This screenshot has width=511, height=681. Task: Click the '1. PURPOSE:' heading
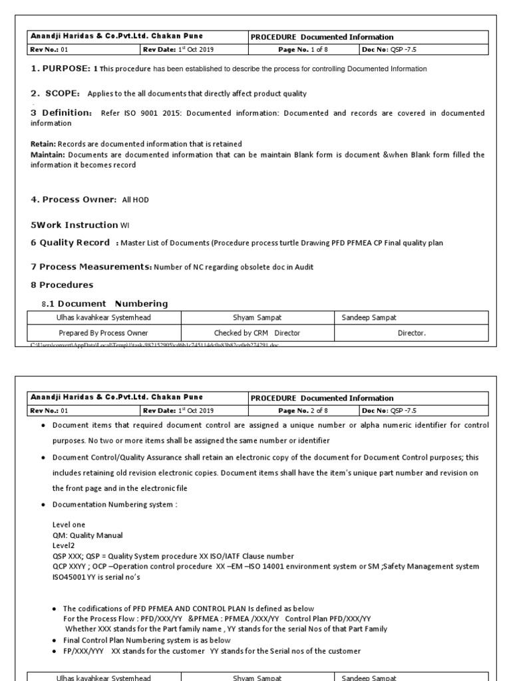point(61,68)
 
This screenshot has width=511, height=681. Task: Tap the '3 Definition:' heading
point(61,113)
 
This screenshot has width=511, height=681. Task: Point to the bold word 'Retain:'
point(44,144)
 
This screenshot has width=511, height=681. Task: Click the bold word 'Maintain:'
point(49,154)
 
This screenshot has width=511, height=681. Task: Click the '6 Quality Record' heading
point(71,243)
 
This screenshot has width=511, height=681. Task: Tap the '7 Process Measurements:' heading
point(91,267)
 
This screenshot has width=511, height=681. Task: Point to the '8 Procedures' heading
point(62,285)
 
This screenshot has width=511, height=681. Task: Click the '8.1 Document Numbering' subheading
point(104,303)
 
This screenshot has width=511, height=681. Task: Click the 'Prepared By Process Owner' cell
point(103,333)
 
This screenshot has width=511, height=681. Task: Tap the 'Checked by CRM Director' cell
point(257,333)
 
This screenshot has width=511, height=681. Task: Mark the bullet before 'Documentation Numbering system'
point(43,505)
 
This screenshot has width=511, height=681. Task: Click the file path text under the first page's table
point(153,346)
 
